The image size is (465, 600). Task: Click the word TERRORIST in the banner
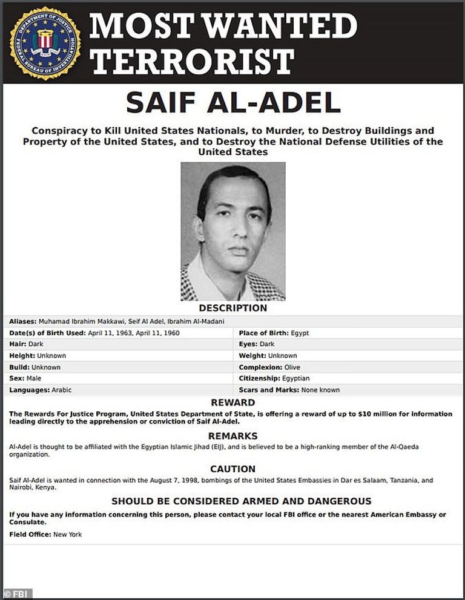click(193, 61)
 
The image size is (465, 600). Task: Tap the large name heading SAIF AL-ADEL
click(233, 103)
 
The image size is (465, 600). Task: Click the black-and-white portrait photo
click(233, 231)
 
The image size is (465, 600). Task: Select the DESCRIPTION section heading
click(233, 308)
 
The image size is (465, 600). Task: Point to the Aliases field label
click(23, 321)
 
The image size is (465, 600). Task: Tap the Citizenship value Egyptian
click(296, 379)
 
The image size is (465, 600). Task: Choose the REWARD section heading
click(233, 403)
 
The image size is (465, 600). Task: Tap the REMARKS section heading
click(233, 436)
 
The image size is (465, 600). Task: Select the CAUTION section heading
click(233, 469)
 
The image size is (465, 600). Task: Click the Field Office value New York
click(67, 535)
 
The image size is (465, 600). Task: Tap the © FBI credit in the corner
click(17, 594)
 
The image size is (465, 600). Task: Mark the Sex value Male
click(34, 379)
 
